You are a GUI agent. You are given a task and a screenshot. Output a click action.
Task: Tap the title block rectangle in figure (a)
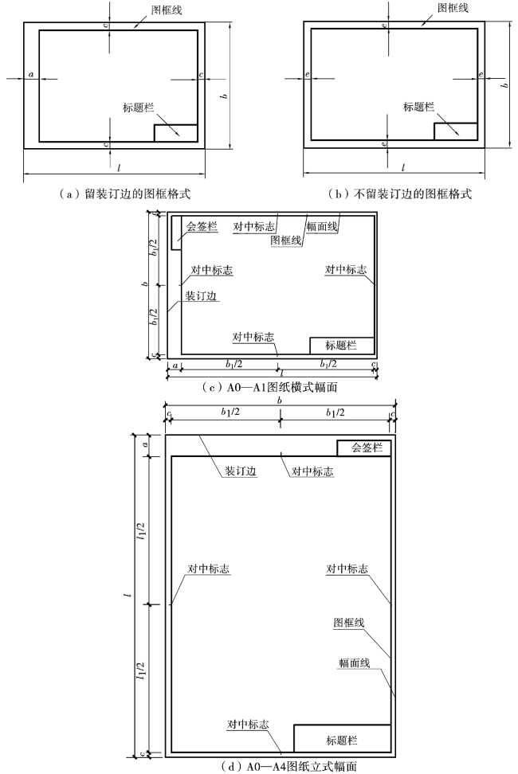pos(175,133)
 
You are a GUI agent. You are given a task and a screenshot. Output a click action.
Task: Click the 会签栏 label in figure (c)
pos(202,226)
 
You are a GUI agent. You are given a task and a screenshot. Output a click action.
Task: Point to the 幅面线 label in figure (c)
pos(322,226)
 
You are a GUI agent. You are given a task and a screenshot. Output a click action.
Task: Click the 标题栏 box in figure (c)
pos(341,345)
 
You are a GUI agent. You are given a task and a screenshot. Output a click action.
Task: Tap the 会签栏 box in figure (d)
pos(363,448)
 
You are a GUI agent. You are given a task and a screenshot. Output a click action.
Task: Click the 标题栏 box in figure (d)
pos(342,738)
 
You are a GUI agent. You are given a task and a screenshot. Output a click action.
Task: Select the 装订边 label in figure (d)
pos(239,471)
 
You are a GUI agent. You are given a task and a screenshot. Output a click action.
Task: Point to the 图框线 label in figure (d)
pos(348,622)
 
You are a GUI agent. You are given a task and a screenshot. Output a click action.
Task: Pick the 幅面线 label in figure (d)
pos(348,663)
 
